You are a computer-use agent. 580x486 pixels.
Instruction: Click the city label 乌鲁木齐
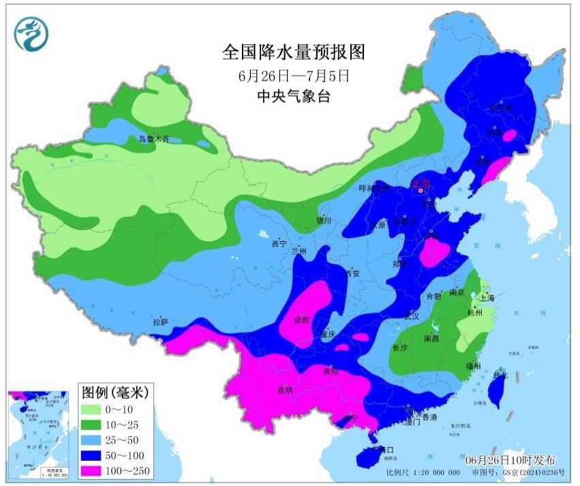click(153, 139)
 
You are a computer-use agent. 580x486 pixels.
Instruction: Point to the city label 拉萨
click(161, 321)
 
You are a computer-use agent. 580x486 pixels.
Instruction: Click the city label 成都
click(301, 319)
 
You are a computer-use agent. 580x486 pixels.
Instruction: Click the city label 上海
click(487, 298)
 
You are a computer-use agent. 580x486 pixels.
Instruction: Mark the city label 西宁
click(278, 243)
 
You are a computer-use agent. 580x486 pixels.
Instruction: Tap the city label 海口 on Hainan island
click(387, 450)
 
